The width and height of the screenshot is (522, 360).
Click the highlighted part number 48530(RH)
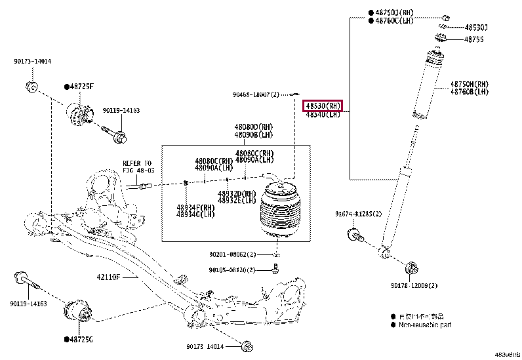pyautogui.click(x=323, y=106)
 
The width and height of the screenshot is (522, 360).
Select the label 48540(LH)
pyautogui.click(x=323, y=115)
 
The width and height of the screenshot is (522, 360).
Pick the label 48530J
pyautogui.click(x=476, y=28)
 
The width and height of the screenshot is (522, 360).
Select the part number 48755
pyautogui.click(x=473, y=39)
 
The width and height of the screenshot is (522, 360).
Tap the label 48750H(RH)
pyautogui.click(x=469, y=84)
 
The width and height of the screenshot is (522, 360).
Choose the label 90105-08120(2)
pyautogui.click(x=233, y=270)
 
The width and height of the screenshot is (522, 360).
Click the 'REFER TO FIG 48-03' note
pyautogui.click(x=137, y=167)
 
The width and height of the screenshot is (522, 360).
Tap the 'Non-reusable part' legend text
pyautogui.click(x=426, y=325)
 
